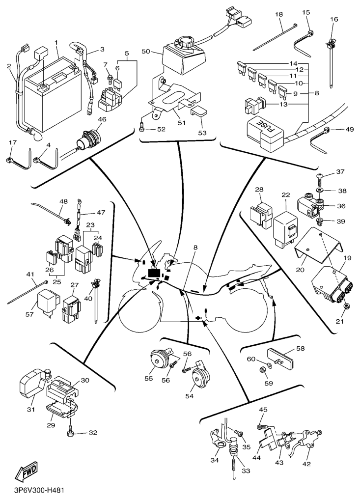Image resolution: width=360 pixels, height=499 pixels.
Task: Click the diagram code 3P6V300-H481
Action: pos(39,491)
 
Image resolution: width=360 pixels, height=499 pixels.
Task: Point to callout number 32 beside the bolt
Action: pos(93,433)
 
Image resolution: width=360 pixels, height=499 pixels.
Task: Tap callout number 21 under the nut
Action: pos(339,321)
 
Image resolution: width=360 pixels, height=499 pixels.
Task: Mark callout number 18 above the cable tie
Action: pos(279,15)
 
